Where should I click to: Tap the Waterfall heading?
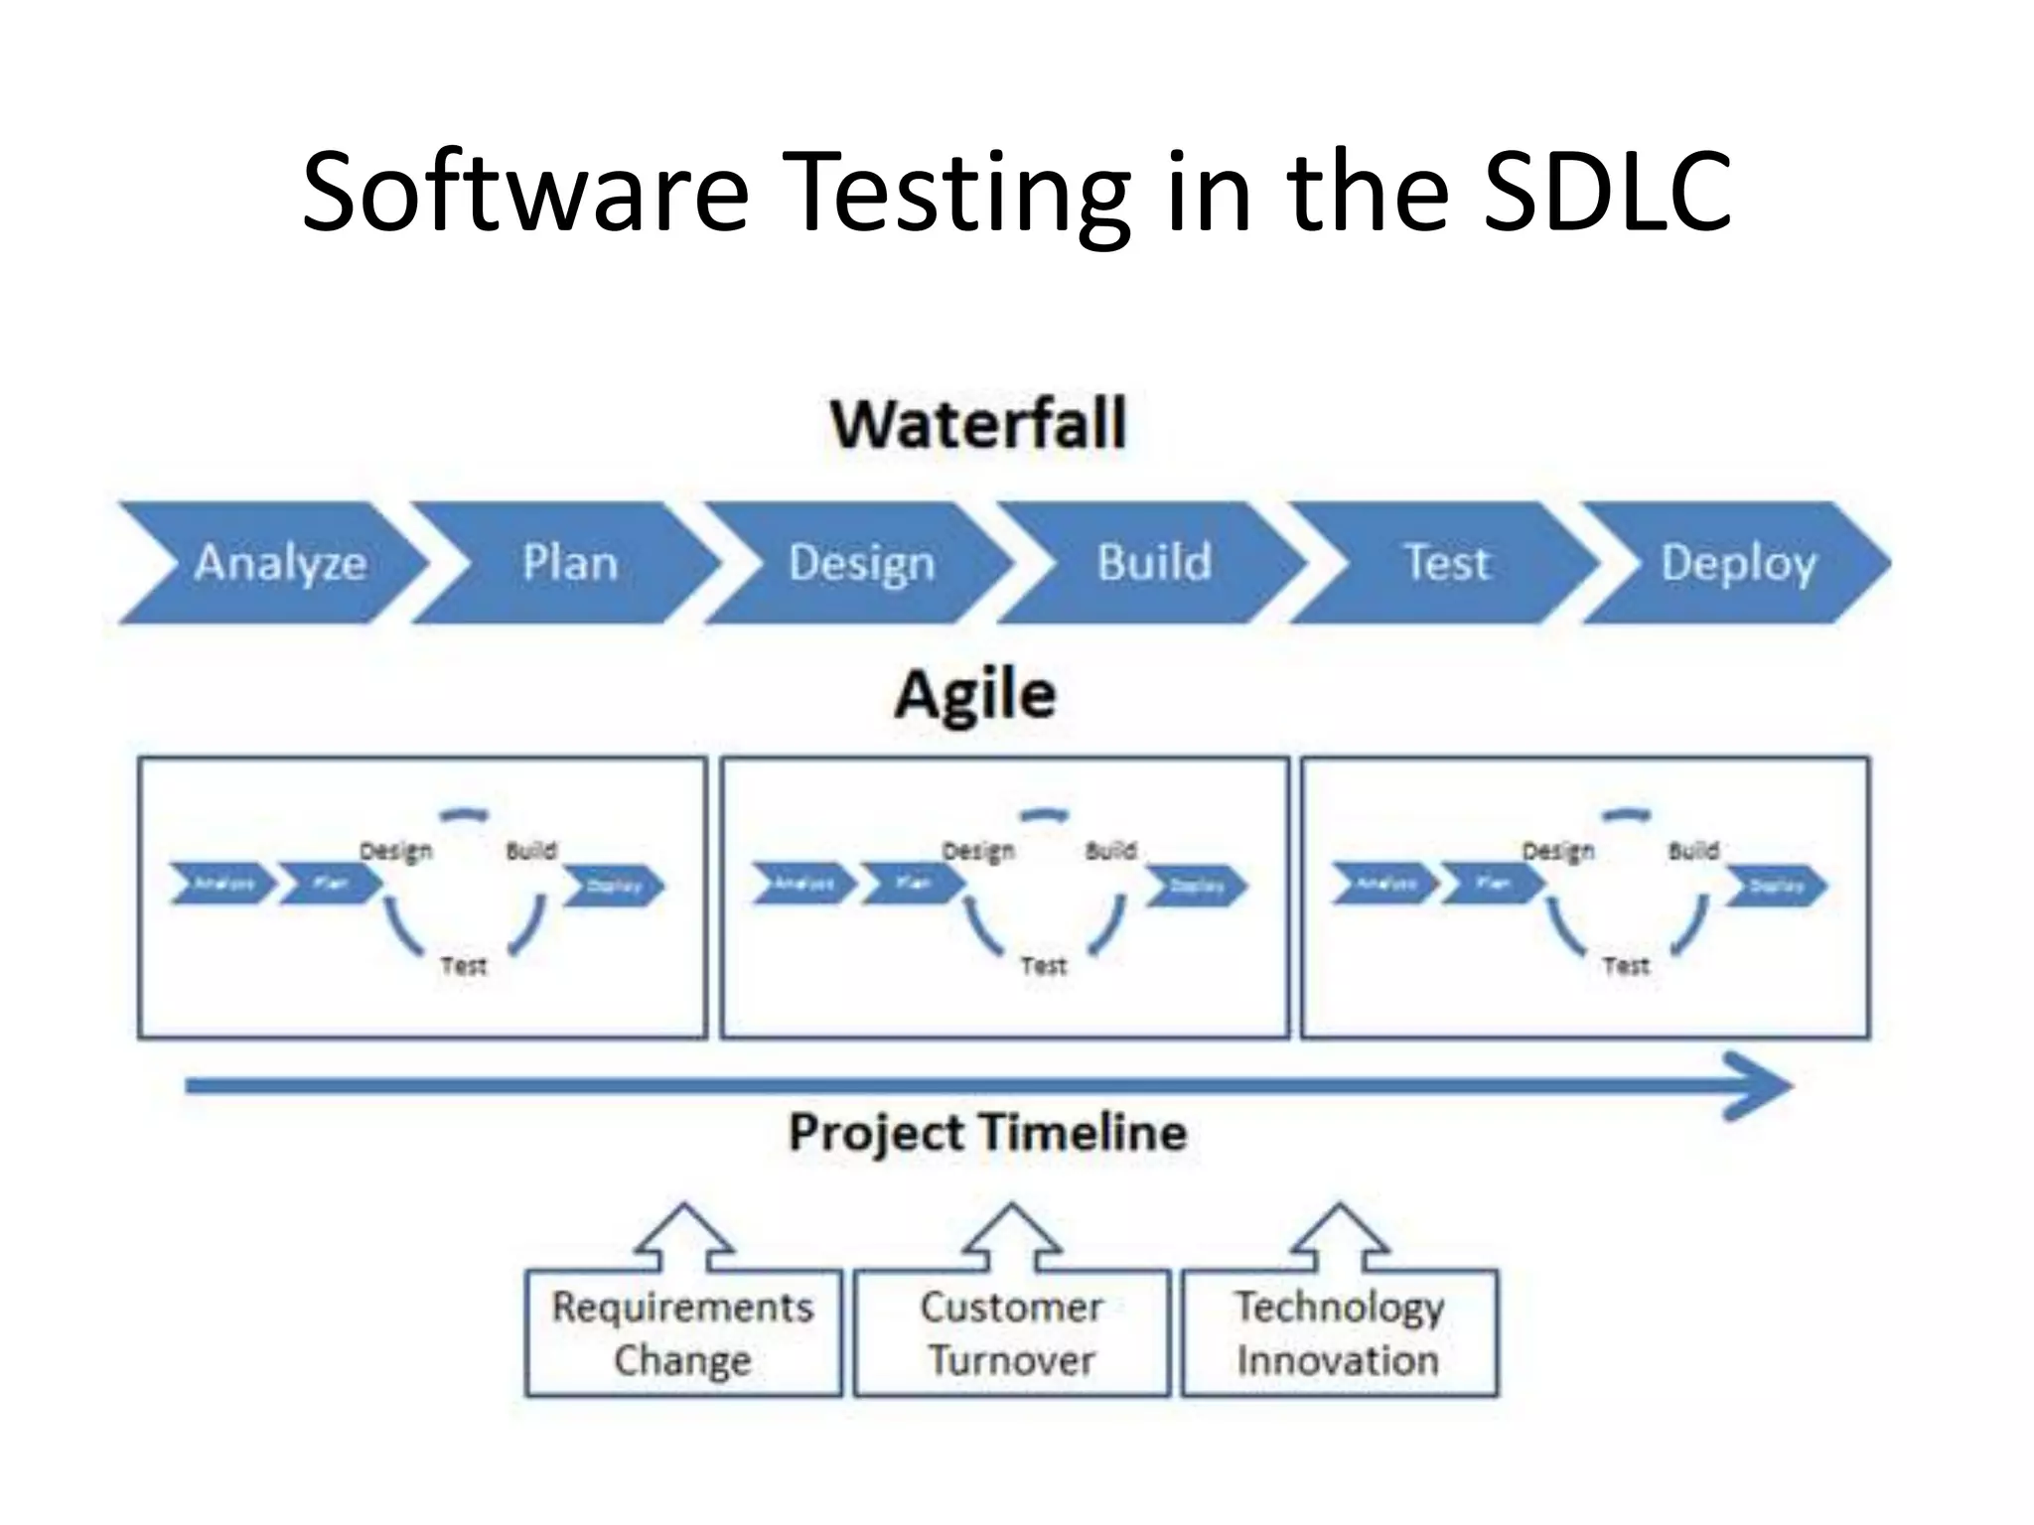978,424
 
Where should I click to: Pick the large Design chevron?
860,563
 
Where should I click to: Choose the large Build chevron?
1153,563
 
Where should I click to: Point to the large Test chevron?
1445,563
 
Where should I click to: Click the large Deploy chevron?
1737,563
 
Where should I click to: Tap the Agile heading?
974,694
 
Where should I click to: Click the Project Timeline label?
987,1132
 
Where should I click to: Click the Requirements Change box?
683,1333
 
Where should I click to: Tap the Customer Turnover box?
1011,1333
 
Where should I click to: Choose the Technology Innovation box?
1339,1333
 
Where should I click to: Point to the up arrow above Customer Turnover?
1011,1236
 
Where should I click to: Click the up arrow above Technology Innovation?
1339,1236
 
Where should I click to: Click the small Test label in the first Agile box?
463,965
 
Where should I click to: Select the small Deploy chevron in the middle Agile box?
1196,886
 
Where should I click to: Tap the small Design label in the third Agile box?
1557,851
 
